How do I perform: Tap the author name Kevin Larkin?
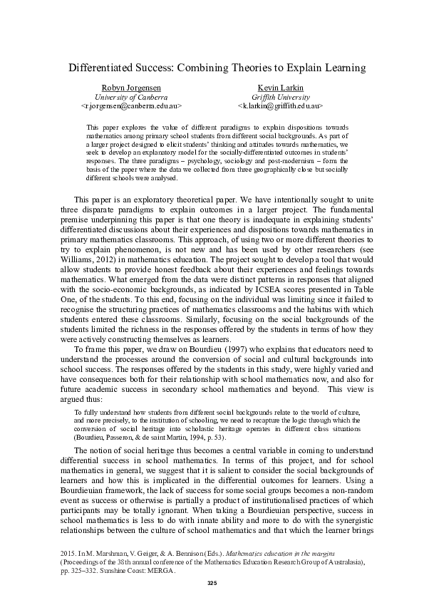pos(281,87)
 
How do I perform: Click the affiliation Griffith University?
pos(281,96)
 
